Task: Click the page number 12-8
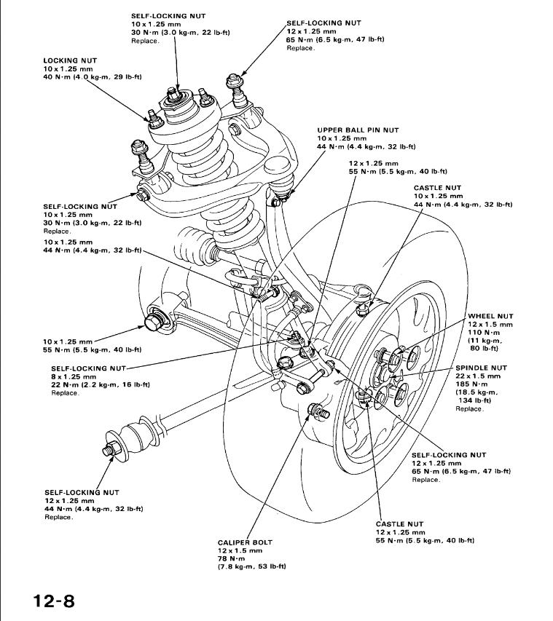[53, 601]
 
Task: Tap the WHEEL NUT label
[490, 317]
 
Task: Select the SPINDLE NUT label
[481, 368]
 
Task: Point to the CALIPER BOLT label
[244, 542]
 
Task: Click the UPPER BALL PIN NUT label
[358, 130]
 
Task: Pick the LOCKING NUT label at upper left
[70, 60]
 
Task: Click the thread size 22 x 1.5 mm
[478, 376]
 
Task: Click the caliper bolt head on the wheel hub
[316, 411]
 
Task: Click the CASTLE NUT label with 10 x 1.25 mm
[437, 188]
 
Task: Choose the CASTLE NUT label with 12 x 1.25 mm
[399, 524]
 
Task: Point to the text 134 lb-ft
[474, 400]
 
